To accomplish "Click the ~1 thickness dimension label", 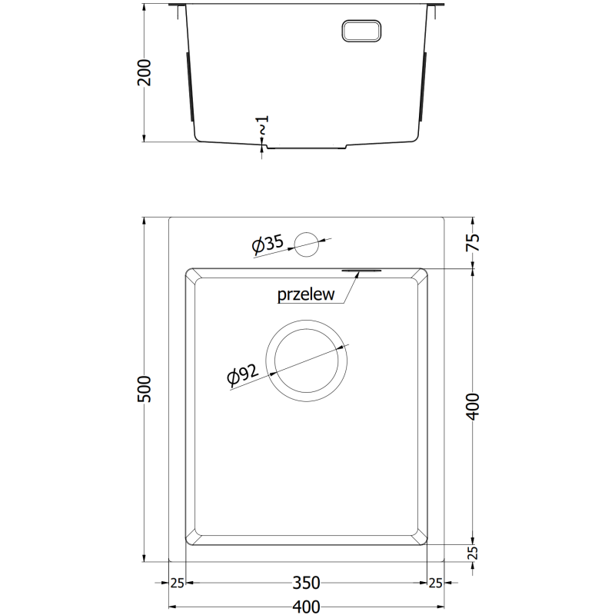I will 263,126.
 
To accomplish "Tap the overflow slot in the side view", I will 361,30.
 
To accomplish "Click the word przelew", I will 305,295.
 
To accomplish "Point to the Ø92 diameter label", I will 242,376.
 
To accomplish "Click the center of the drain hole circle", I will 307,361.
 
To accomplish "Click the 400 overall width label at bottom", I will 307,607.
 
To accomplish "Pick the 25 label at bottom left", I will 178,583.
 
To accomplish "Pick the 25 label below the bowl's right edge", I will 436,583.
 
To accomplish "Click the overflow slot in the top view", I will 360,271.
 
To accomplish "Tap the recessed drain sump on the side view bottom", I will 307,146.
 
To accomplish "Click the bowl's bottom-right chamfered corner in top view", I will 421,538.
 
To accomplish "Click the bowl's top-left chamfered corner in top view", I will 191,275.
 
